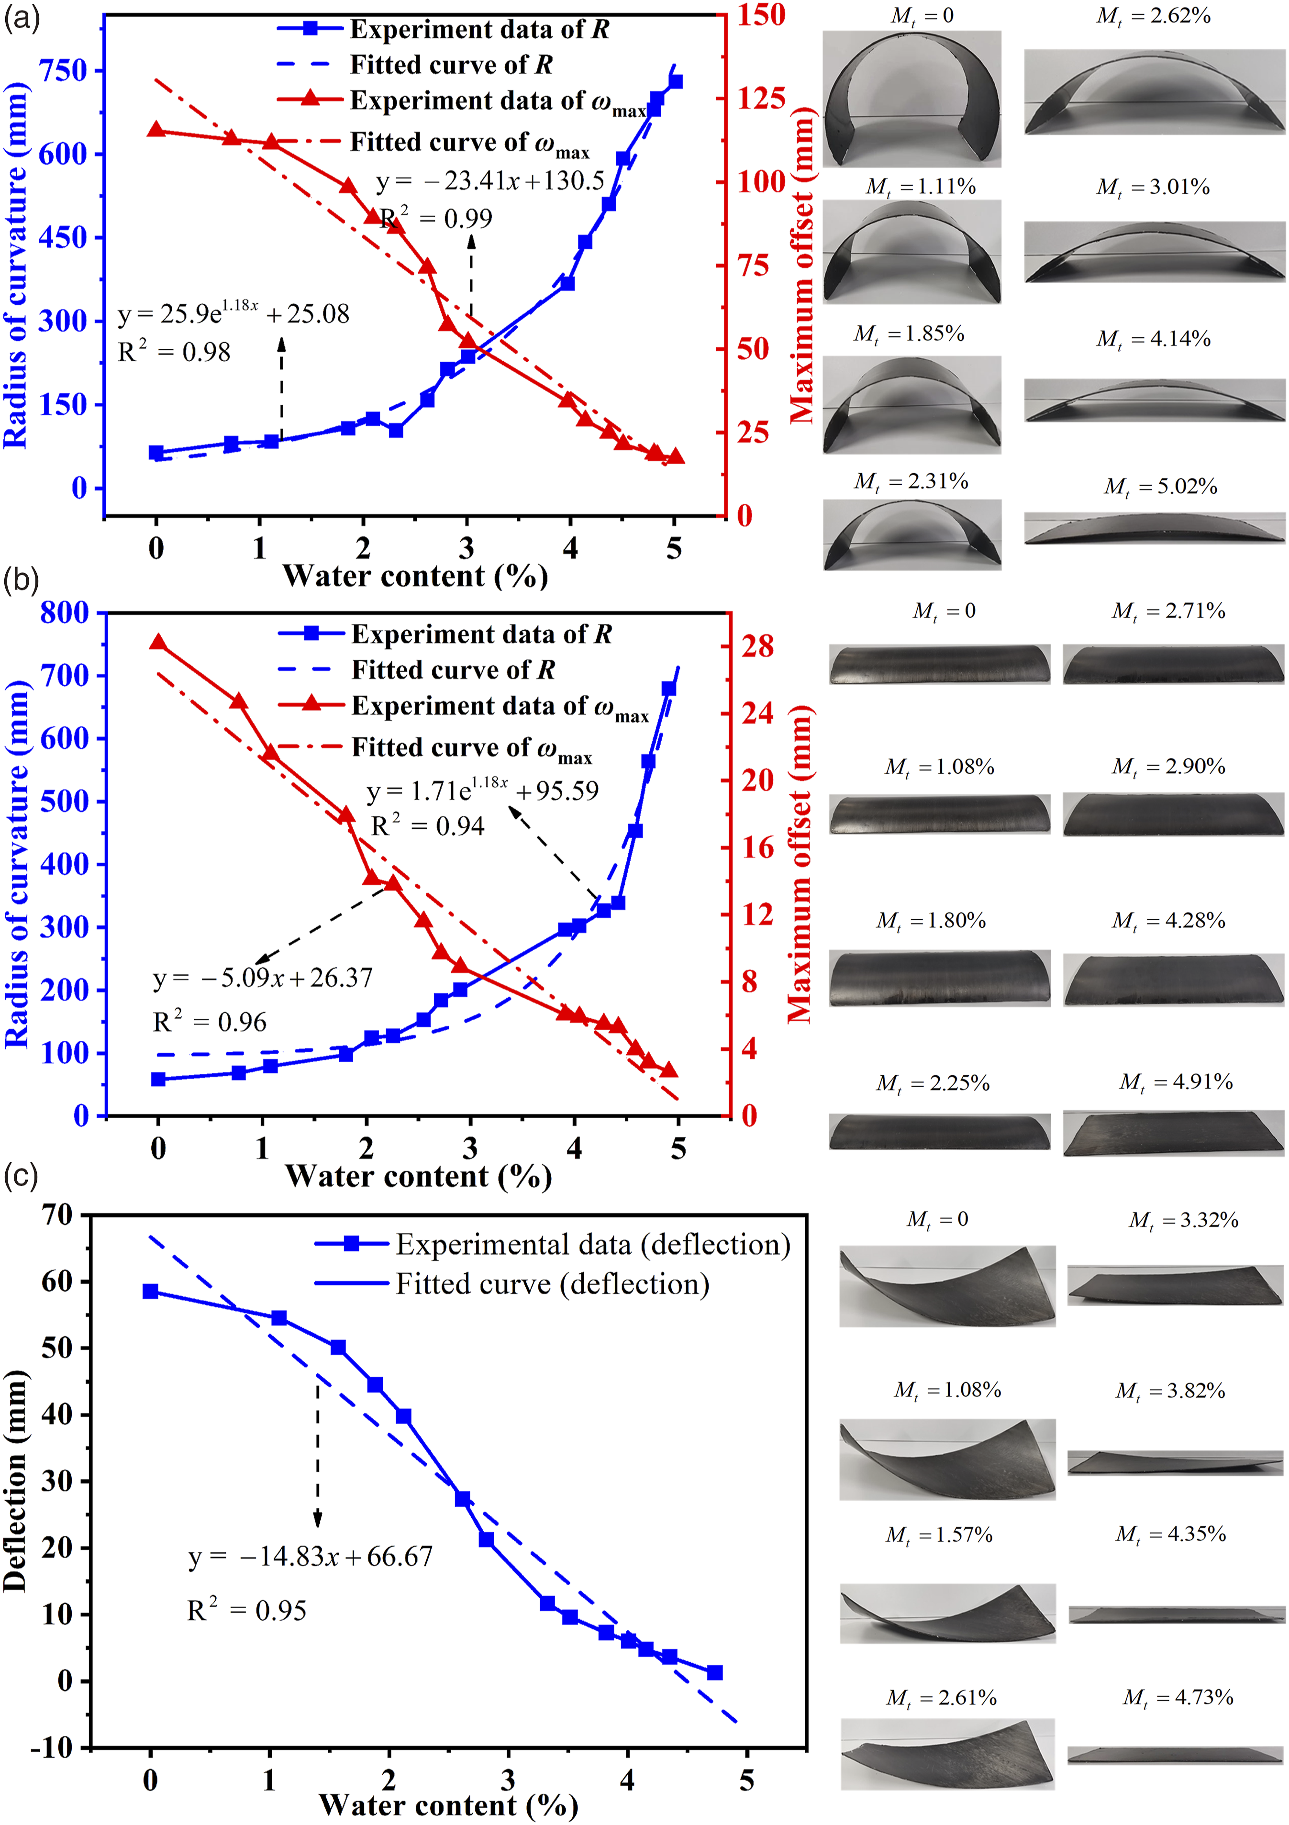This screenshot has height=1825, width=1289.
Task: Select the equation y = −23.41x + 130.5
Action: click(490, 182)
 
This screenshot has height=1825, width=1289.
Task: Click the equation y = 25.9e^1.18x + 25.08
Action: click(233, 312)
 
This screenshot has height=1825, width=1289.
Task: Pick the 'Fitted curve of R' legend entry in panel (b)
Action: click(416, 670)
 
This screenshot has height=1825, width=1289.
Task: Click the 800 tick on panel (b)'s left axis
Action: click(65, 613)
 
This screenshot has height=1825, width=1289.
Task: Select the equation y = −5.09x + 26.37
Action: click(262, 978)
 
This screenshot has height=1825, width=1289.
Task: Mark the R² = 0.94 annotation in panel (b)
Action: click(428, 826)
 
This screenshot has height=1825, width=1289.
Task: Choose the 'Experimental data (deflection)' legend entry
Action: click(552, 1244)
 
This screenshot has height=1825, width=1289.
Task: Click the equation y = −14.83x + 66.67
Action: click(311, 1556)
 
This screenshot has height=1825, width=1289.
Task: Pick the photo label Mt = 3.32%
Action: click(1183, 1220)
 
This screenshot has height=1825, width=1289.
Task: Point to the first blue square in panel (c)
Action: click(150, 1291)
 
